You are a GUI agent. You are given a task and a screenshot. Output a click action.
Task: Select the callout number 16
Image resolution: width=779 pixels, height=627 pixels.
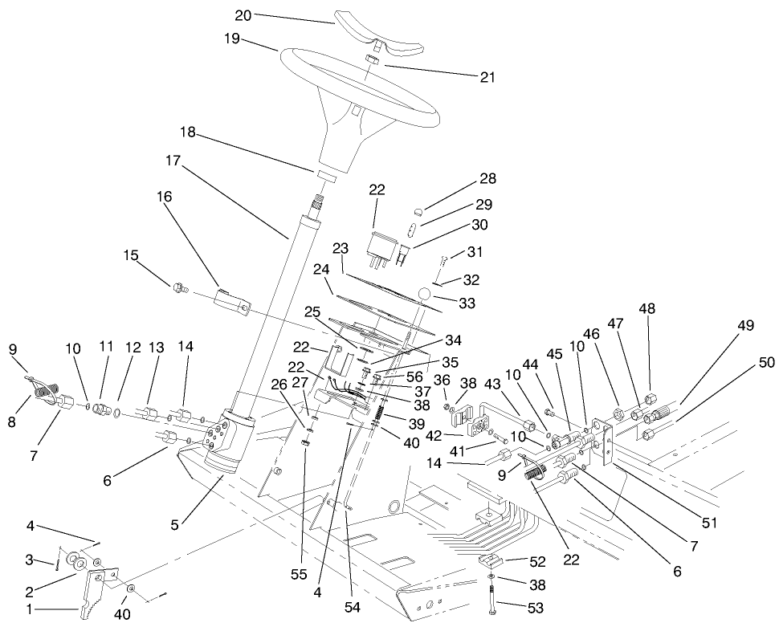[164, 196]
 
